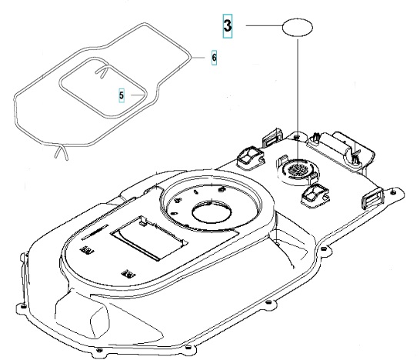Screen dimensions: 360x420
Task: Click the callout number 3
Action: (x=228, y=26)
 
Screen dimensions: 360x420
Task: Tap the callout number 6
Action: (x=214, y=58)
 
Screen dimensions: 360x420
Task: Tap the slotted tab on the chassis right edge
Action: (x=368, y=201)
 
